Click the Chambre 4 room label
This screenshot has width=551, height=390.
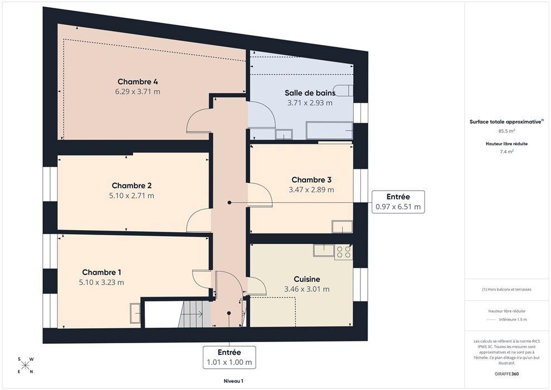click(138, 82)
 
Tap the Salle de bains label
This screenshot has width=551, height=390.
click(310, 93)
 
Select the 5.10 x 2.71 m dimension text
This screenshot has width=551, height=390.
click(131, 196)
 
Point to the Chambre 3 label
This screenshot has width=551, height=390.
click(311, 180)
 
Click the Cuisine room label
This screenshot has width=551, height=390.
click(307, 279)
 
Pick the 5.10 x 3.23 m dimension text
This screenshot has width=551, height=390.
click(101, 282)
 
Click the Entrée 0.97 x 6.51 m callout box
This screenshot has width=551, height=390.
click(398, 202)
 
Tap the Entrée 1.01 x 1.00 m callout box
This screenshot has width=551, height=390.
click(229, 357)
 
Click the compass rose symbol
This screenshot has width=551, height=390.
click(25, 365)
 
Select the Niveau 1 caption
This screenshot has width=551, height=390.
click(233, 381)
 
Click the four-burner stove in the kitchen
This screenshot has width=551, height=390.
click(343, 252)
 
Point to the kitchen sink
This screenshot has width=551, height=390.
click(324, 250)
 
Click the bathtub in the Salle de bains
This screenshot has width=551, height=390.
click(329, 130)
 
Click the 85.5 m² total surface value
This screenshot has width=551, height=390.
click(506, 131)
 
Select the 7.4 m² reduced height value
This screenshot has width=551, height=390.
click(506, 152)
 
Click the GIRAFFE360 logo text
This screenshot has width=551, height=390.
click(506, 374)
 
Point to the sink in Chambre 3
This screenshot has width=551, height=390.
click(342, 227)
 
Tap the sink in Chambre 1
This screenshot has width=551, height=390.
click(135, 314)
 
